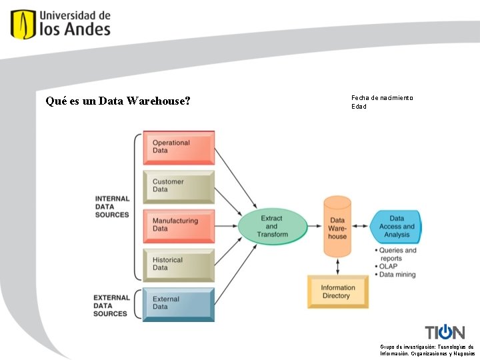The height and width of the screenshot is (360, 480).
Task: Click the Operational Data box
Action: [178, 147]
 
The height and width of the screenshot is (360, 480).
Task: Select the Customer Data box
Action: [178, 186]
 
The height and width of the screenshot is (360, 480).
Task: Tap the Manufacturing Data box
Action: [178, 225]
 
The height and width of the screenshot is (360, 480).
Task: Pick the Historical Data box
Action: [178, 265]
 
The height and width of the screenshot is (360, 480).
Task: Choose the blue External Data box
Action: [178, 303]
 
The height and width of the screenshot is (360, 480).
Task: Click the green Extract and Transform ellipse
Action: [272, 227]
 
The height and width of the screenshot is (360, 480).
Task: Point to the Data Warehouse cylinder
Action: [337, 227]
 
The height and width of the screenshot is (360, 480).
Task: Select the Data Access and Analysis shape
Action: [397, 226]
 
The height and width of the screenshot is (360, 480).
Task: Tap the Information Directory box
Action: [339, 292]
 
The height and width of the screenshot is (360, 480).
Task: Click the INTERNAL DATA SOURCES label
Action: [112, 207]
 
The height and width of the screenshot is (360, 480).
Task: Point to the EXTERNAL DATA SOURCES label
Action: [111, 305]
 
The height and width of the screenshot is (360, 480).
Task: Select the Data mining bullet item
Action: [398, 275]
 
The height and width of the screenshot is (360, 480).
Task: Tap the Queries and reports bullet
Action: [398, 254]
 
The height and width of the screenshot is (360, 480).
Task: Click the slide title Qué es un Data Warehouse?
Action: [118, 101]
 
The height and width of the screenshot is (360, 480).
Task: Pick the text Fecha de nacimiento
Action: [382, 98]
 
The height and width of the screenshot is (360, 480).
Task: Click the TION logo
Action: [445, 332]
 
